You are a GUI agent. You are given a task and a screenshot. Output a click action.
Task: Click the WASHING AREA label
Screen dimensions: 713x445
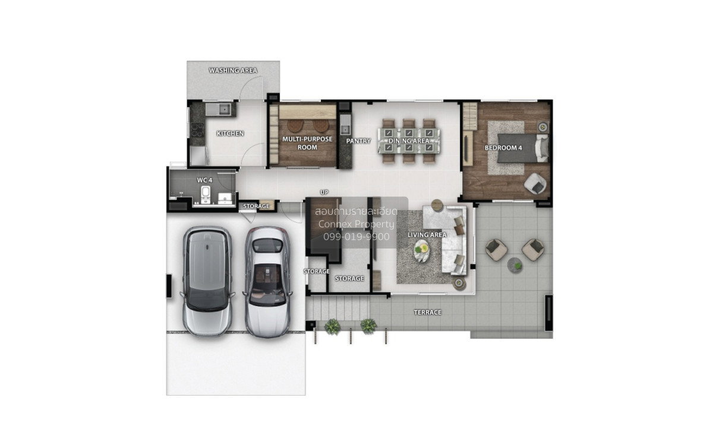233,70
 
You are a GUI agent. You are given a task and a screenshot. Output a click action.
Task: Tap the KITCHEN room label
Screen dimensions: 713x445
230,133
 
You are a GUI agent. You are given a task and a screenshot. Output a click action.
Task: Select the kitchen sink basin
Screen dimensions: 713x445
225,109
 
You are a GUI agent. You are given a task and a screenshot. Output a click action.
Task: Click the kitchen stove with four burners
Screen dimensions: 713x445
197,129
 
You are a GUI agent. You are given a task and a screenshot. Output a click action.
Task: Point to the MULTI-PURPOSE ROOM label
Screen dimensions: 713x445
307,143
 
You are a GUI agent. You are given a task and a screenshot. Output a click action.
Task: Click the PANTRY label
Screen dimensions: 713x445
358,141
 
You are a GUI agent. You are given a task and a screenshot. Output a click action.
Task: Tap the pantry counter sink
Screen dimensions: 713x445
345,129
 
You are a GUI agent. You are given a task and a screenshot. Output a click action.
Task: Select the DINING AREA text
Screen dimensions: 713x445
409,141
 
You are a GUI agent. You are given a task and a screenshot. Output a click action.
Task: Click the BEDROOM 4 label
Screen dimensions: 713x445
503,148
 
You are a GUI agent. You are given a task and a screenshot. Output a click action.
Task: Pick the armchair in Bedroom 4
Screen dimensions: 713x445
535,183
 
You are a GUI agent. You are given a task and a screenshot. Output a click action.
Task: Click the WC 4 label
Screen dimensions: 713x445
204,180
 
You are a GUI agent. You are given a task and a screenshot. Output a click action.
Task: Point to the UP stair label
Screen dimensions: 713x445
324,192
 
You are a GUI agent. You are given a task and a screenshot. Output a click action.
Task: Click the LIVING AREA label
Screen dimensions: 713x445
427,235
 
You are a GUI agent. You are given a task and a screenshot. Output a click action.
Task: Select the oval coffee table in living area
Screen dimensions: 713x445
421,250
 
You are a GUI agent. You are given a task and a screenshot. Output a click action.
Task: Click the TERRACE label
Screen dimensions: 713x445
427,312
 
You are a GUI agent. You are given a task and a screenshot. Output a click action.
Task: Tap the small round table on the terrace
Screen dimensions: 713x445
515,265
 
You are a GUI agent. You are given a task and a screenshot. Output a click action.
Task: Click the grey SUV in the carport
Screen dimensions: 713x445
207,281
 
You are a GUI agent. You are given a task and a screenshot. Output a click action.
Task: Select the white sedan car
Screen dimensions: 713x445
268,282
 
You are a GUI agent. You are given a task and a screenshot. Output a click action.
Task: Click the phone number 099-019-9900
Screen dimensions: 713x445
356,237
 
